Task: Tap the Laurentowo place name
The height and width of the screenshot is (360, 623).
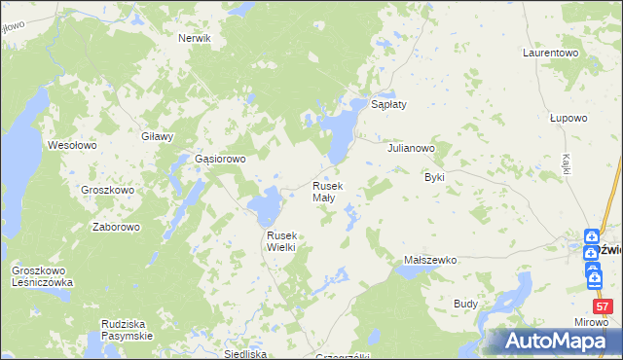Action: click(x=551, y=52)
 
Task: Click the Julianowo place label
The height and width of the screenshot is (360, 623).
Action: click(x=411, y=149)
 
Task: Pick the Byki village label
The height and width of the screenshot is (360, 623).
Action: click(x=434, y=178)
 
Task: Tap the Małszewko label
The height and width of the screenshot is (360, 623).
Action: click(x=430, y=261)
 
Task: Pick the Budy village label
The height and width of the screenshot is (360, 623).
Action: click(x=465, y=304)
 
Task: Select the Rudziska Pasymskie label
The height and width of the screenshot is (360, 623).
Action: click(x=127, y=330)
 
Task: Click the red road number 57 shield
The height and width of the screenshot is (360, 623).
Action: click(x=603, y=307)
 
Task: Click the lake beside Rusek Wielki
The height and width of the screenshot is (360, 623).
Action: click(x=265, y=206)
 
